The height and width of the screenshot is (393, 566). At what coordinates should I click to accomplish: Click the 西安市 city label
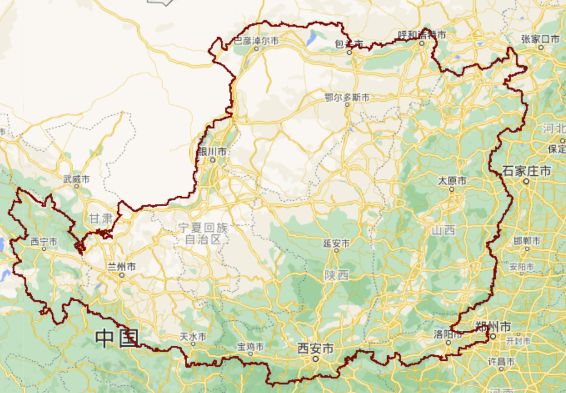click(315, 349)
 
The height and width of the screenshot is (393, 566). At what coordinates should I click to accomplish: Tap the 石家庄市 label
click(527, 171)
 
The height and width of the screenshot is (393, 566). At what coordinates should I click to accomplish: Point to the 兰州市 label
click(122, 267)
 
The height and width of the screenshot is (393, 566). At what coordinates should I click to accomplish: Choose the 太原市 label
click(452, 181)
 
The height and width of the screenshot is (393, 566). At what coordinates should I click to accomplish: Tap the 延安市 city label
click(336, 243)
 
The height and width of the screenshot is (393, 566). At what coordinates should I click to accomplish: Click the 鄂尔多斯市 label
click(347, 97)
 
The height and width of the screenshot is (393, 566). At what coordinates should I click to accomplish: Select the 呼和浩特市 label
click(422, 34)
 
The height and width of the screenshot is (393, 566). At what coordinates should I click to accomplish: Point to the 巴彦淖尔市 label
click(256, 41)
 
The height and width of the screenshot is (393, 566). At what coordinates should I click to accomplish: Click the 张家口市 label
click(541, 38)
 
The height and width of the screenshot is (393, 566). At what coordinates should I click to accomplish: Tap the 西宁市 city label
click(44, 242)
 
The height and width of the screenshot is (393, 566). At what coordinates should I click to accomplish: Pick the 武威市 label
click(76, 179)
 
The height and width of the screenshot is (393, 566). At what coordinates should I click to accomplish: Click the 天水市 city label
click(193, 337)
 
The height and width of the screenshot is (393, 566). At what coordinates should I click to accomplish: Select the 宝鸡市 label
click(251, 346)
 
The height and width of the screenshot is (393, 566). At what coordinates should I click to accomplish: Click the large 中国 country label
click(116, 338)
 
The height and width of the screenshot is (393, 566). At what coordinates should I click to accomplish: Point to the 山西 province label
click(443, 230)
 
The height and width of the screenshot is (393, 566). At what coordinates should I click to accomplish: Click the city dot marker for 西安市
click(315, 359)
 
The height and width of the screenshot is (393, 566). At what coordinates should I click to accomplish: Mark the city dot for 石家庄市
click(526, 181)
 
